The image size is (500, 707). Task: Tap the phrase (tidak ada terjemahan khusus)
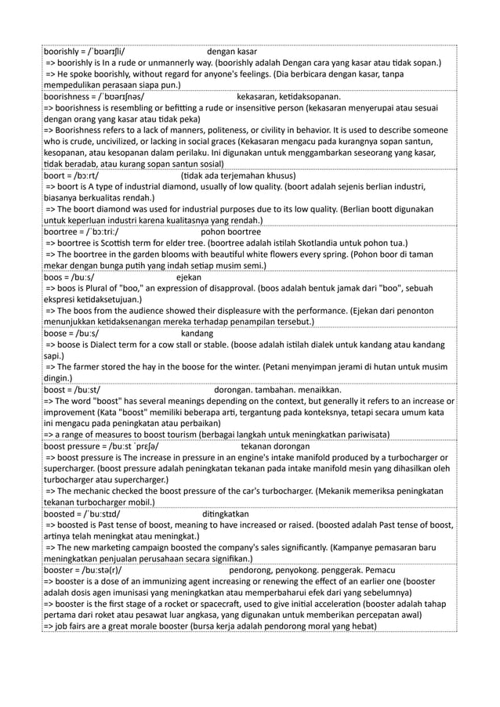pos(237,176)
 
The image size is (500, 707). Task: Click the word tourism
pos(185,432)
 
